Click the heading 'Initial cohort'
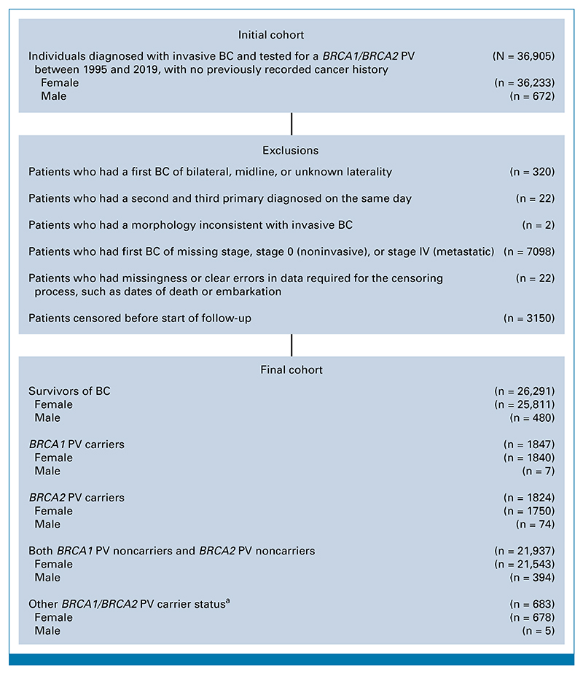pyautogui.click(x=291, y=35)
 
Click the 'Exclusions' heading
pyautogui.click(x=291, y=151)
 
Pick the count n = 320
pyautogui.click(x=531, y=172)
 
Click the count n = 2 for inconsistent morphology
pyautogui.click(x=537, y=225)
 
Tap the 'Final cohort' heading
pyautogui.click(x=291, y=369)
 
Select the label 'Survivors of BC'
pyautogui.click(x=69, y=391)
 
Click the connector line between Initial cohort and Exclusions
pyautogui.click(x=291, y=123)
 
